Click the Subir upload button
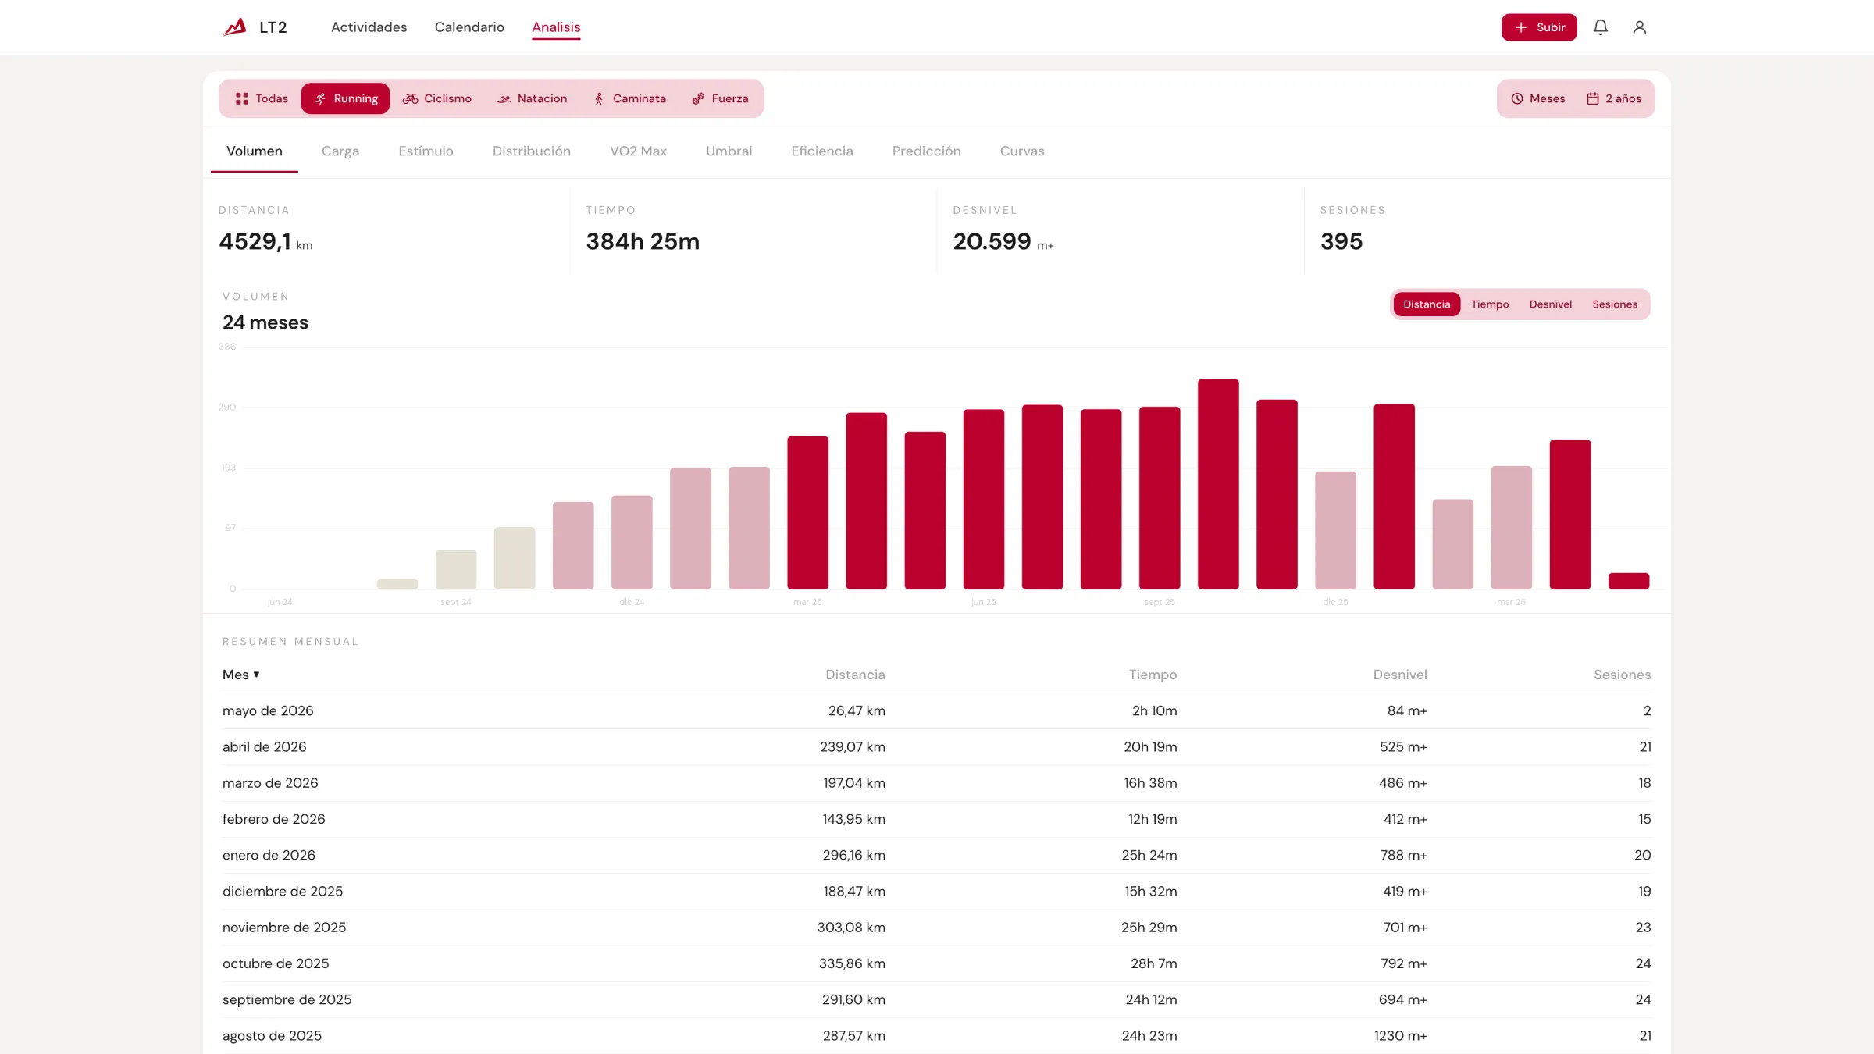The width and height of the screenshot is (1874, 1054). [x=1538, y=27]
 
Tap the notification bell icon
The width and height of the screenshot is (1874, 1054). [x=1600, y=27]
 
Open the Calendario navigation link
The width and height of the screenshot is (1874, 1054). [x=469, y=27]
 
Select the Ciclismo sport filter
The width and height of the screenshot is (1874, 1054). [x=437, y=98]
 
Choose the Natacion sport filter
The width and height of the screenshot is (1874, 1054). [x=533, y=98]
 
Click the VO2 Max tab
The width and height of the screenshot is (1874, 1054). [x=638, y=151]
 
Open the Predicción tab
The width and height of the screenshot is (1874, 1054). [x=926, y=151]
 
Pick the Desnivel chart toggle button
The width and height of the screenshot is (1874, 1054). [x=1550, y=304]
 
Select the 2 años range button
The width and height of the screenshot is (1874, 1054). [x=1614, y=98]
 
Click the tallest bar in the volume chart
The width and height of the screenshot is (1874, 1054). [x=1218, y=484]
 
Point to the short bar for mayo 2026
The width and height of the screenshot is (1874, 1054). [x=1628, y=581]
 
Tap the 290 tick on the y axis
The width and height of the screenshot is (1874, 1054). [x=227, y=407]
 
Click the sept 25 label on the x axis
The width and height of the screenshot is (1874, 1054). [x=1160, y=602]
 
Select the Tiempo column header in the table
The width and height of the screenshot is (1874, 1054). [x=1153, y=675]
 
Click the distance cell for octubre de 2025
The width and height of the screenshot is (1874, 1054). [x=852, y=963]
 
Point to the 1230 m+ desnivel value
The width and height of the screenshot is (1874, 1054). [x=1401, y=1035]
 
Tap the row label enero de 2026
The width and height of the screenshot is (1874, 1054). [x=269, y=855]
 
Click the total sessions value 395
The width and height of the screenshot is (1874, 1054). [x=1341, y=241]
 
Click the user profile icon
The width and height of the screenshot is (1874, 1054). [x=1639, y=27]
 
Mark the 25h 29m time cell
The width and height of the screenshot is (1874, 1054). [x=1149, y=928]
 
